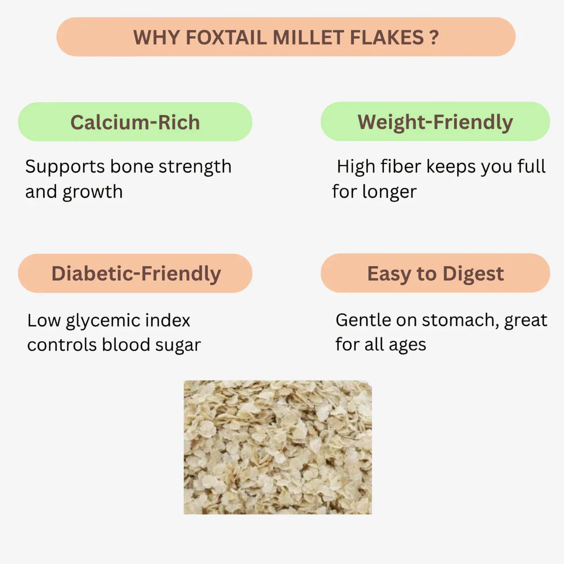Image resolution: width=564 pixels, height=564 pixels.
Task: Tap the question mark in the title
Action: (434, 37)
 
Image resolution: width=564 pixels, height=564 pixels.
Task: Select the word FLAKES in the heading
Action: (386, 37)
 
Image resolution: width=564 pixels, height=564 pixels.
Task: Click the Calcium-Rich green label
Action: (135, 122)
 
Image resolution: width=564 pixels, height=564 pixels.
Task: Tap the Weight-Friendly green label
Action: (435, 122)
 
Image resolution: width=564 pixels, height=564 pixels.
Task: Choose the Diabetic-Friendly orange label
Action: (135, 273)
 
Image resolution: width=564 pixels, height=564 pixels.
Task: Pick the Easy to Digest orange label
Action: (435, 273)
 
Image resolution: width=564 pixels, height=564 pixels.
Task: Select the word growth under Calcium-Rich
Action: (93, 193)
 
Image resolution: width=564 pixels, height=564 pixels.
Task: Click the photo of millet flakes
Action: (278, 447)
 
